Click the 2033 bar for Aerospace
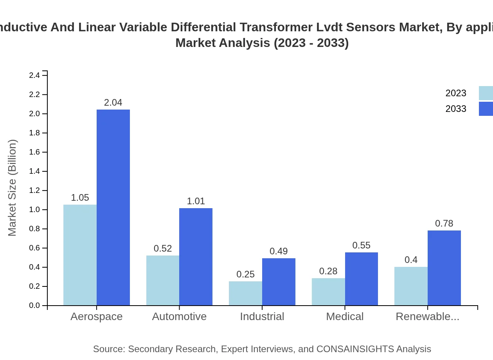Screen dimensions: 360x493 click(x=113, y=207)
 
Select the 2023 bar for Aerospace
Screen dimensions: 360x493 click(x=80, y=255)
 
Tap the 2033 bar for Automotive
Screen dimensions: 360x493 click(x=196, y=257)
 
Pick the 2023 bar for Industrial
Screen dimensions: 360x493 click(x=245, y=293)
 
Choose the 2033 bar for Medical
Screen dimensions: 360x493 click(x=361, y=279)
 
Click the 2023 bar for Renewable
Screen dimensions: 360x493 click(x=411, y=286)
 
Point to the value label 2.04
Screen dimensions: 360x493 click(x=113, y=103)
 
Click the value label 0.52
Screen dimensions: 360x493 click(x=163, y=248)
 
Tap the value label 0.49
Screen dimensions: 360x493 click(x=279, y=251)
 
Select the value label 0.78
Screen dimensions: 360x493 click(x=444, y=223)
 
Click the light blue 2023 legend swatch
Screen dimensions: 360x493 click(x=486, y=93)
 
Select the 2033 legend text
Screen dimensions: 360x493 click(x=456, y=109)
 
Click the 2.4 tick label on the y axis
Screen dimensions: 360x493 click(x=35, y=75)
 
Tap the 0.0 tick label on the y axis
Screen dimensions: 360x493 click(x=35, y=306)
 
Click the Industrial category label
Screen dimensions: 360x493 click(x=262, y=317)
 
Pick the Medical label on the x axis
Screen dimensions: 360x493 click(x=345, y=317)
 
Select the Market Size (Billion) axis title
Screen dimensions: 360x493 click(x=13, y=188)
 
